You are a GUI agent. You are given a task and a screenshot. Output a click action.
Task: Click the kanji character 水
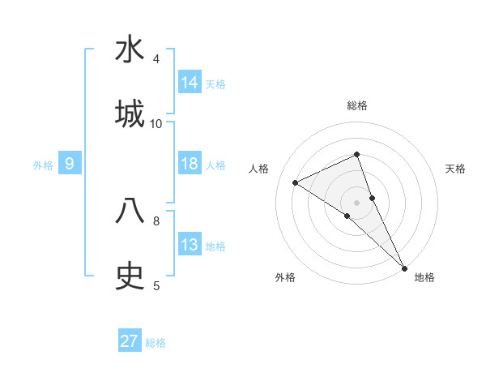(x=130, y=50)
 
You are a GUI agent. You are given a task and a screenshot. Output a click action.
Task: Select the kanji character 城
(x=130, y=113)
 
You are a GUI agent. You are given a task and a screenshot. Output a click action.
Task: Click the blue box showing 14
(x=190, y=82)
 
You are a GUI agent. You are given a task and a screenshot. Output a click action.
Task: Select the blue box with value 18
(x=190, y=164)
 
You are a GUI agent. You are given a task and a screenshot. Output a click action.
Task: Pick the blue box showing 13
(x=190, y=245)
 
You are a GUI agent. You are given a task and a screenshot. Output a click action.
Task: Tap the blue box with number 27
(x=130, y=341)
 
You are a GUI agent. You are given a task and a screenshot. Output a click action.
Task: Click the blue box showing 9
(x=70, y=164)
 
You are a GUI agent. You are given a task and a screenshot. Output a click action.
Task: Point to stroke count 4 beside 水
(x=156, y=58)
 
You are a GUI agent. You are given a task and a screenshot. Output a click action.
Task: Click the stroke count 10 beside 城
(x=156, y=123)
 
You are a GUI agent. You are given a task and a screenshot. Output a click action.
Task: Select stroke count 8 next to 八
(x=156, y=220)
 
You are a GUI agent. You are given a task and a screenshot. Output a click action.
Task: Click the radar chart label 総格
(x=356, y=105)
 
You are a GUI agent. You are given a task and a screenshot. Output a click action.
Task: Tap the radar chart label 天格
(x=456, y=169)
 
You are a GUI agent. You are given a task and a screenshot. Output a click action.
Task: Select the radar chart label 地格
(x=424, y=277)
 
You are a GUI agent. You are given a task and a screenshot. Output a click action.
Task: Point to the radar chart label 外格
(x=285, y=277)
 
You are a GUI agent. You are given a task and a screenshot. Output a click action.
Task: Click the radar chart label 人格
(x=258, y=169)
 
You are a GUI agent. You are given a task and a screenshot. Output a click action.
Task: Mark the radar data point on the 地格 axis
(x=403, y=267)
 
